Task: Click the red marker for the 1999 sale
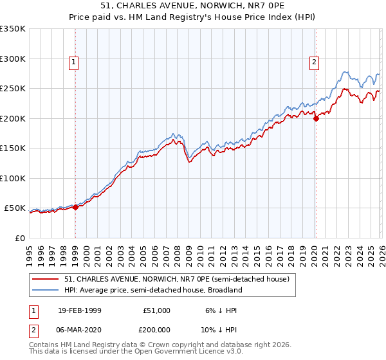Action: pos(75,207)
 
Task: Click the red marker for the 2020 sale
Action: pos(316,118)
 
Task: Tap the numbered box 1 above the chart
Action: pos(74,62)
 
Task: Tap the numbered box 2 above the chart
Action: pos(314,62)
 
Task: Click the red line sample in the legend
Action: pos(46,279)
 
